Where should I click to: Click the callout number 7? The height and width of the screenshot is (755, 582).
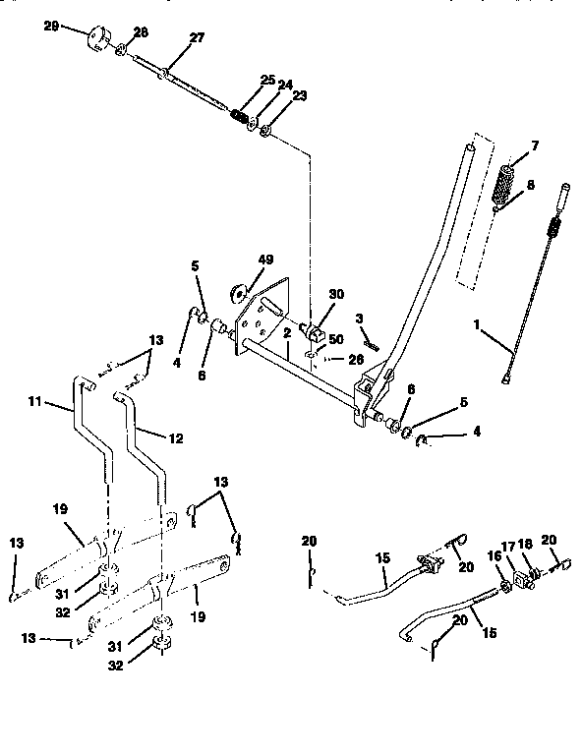coord(534,145)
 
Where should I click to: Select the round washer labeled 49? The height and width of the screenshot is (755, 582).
coord(239,291)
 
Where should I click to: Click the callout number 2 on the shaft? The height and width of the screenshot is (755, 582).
coord(286,334)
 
